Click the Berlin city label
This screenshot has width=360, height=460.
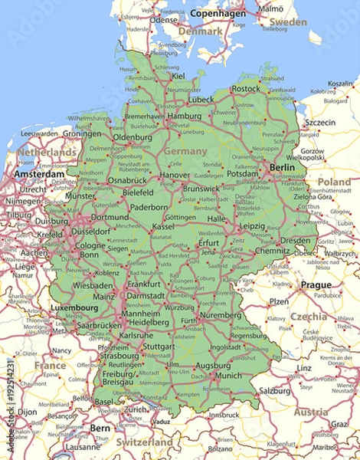tap(281, 168)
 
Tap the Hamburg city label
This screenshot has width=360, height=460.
tap(184, 117)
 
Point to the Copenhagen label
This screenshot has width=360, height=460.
tap(218, 13)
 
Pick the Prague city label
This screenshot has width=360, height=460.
tap(316, 284)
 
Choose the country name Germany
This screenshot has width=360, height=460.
tap(185, 151)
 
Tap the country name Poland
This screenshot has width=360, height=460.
tap(335, 182)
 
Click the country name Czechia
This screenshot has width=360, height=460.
tap(309, 316)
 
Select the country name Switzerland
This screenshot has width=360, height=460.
tap(145, 442)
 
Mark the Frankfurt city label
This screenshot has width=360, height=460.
tap(144, 283)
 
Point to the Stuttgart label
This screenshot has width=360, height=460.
tap(159, 346)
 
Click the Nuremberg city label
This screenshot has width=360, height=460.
tap(222, 314)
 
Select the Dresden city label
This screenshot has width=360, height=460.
tap(295, 240)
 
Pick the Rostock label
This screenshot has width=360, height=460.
tap(246, 89)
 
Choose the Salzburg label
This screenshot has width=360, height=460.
tap(274, 390)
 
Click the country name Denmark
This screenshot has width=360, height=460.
tap(201, 31)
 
